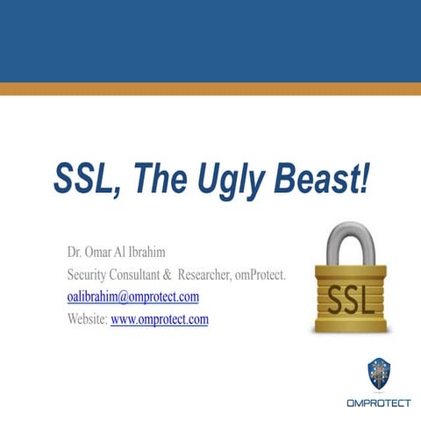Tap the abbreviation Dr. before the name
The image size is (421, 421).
[77, 253]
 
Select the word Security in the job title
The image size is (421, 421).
[90, 275]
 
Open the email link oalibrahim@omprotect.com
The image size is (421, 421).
[133, 296]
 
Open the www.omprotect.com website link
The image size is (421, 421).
[160, 318]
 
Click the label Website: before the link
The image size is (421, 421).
[87, 318]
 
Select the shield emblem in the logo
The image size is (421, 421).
[379, 373]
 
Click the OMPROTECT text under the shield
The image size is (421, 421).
[378, 403]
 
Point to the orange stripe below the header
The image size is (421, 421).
[210, 88]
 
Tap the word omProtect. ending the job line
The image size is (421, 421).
[261, 275]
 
